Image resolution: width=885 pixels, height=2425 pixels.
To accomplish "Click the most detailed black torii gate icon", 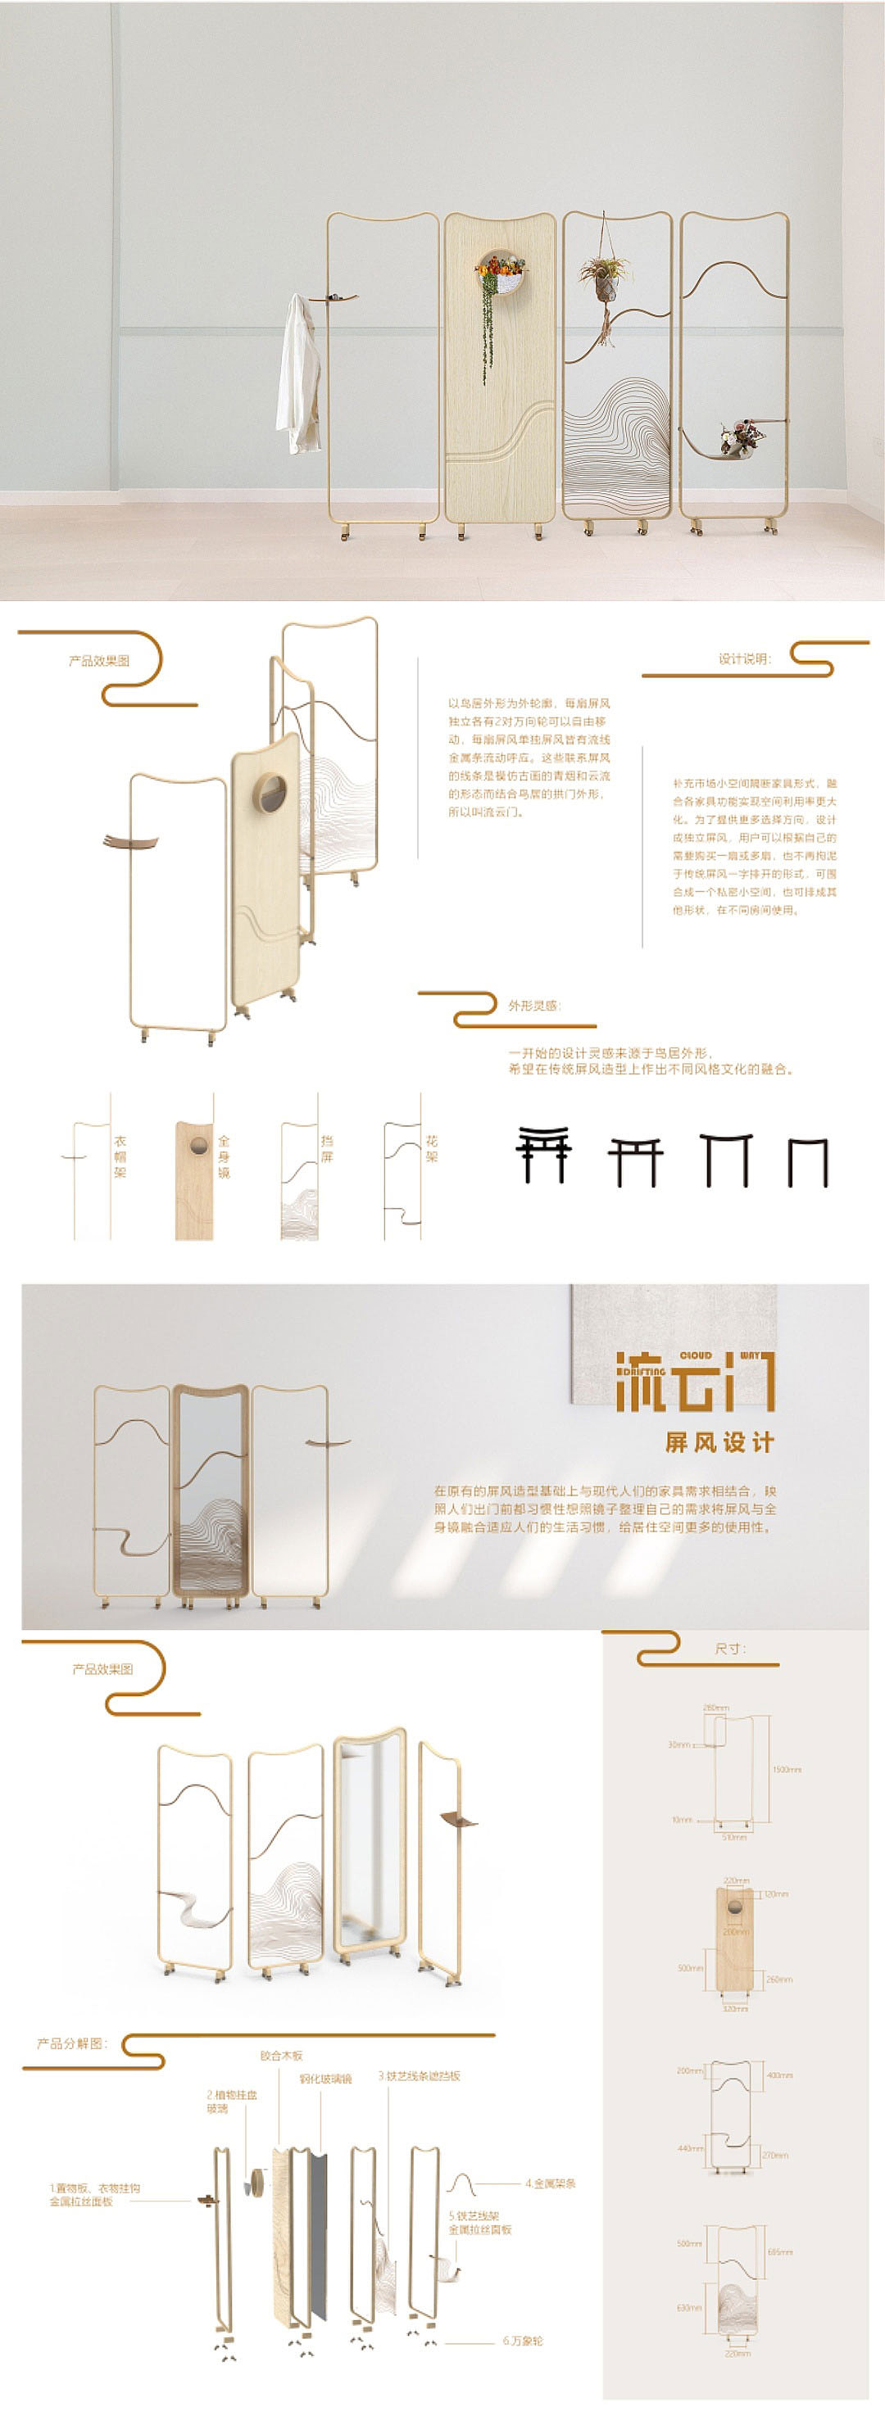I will point(542,1154).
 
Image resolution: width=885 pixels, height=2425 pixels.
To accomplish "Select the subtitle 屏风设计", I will point(719,1442).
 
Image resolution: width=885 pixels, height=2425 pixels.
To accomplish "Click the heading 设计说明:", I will point(744,659).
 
